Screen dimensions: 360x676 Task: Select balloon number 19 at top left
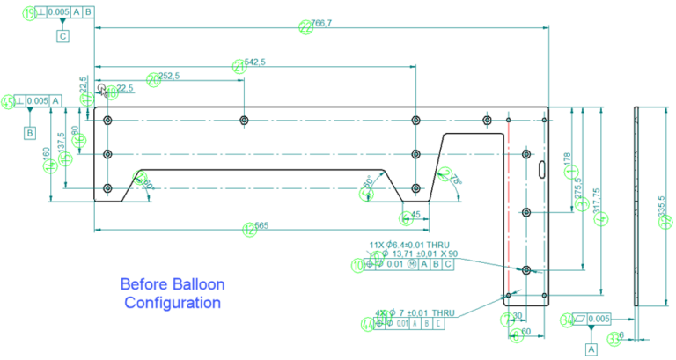click(31, 12)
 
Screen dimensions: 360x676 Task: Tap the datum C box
click(62, 36)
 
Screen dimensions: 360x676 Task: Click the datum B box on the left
click(29, 133)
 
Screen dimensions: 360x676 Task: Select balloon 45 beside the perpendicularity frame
click(8, 102)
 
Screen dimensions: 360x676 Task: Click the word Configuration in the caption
click(172, 303)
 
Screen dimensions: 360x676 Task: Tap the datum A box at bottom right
click(591, 348)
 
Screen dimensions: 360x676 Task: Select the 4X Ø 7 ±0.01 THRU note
click(416, 312)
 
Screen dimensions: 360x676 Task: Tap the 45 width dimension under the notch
click(414, 213)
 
